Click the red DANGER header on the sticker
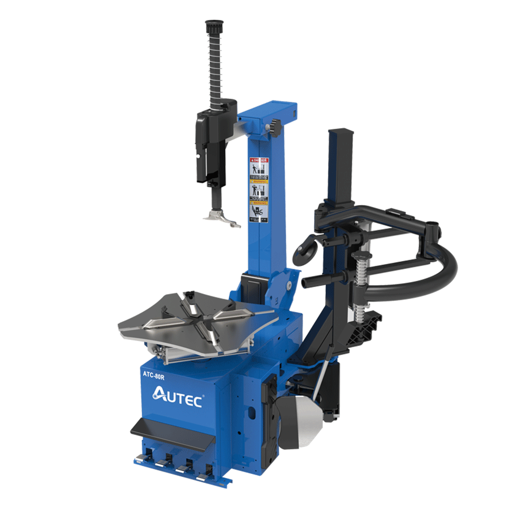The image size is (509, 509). pos(260,161)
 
